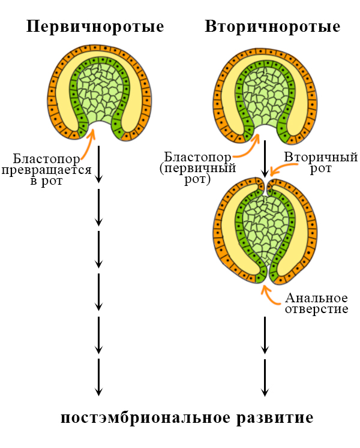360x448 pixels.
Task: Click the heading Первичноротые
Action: pyautogui.click(x=95, y=27)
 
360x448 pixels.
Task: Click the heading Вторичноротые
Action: pyautogui.click(x=272, y=27)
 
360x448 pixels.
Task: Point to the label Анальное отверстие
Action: pyautogui.click(x=317, y=303)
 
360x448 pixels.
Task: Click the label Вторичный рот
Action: pyautogui.click(x=313, y=163)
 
